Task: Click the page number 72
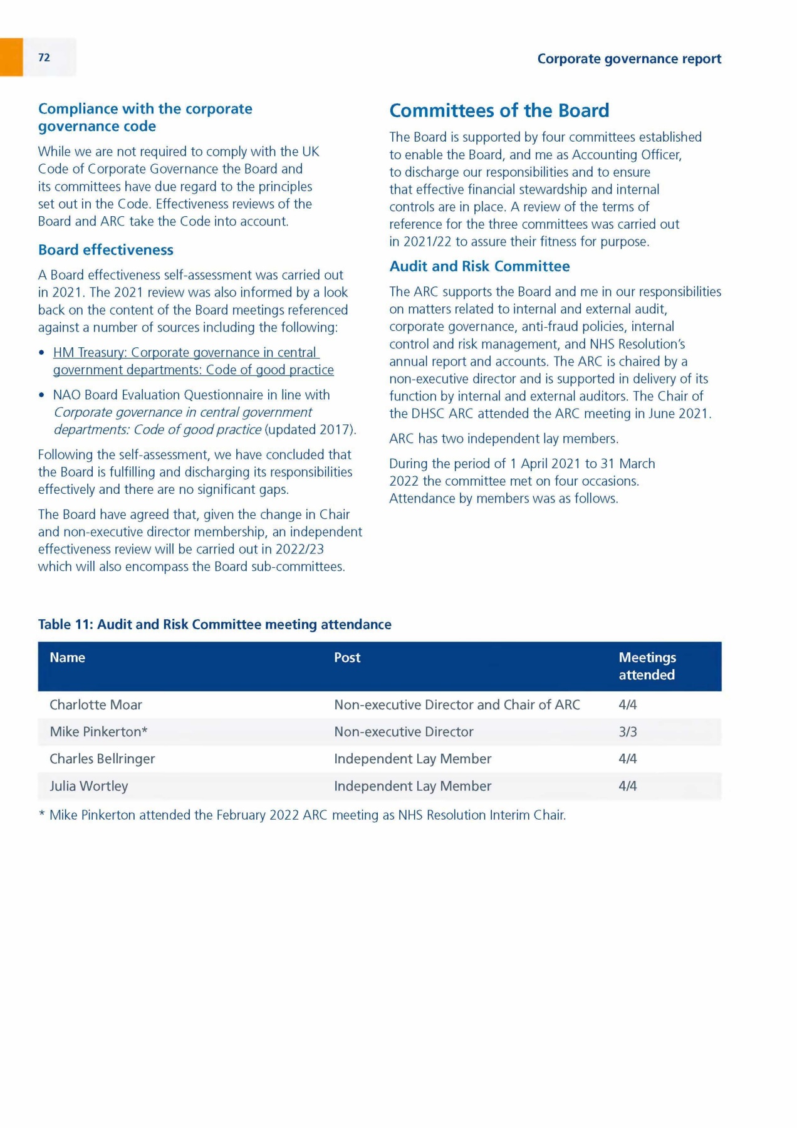(x=44, y=58)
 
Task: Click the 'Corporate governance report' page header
(x=629, y=59)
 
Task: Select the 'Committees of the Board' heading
(x=499, y=111)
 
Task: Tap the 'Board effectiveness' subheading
(x=105, y=250)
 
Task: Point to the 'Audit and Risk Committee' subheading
(x=479, y=266)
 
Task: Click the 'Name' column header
(x=67, y=657)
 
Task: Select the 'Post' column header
(x=347, y=657)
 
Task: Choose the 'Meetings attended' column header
(x=647, y=666)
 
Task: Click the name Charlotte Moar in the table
(x=96, y=705)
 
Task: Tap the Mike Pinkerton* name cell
(x=98, y=732)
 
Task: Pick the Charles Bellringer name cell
(x=102, y=759)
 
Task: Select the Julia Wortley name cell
(x=89, y=786)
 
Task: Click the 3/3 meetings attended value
(x=627, y=732)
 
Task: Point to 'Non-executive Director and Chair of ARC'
(x=457, y=705)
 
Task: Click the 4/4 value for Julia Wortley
(x=627, y=786)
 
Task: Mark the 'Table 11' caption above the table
(x=214, y=625)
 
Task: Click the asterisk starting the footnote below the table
(x=42, y=815)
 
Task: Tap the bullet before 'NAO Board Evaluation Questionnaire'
(x=41, y=395)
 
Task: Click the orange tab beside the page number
(x=11, y=57)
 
